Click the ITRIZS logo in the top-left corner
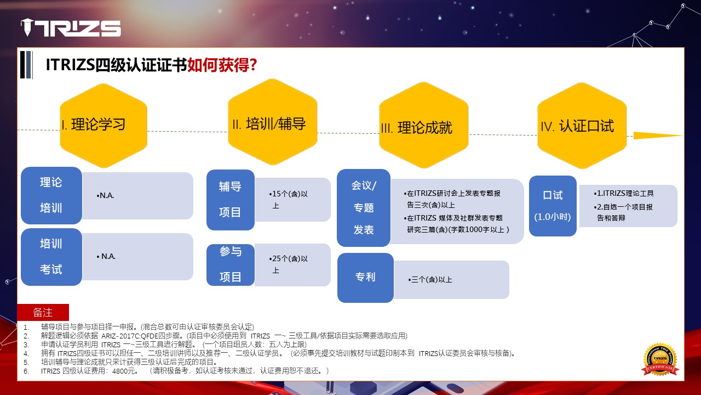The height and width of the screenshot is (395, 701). pyautogui.click(x=71, y=27)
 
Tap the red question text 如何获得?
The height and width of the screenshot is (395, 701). pyautogui.click(x=222, y=65)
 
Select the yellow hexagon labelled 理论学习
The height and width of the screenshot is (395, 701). pyautogui.click(x=104, y=126)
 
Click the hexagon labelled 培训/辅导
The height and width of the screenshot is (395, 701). pyautogui.click(x=273, y=122)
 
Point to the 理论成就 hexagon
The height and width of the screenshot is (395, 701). pyautogui.click(x=424, y=125)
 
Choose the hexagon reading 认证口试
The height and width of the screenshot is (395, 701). pyautogui.click(x=582, y=126)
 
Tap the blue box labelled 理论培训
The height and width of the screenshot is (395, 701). pyautogui.click(x=51, y=195)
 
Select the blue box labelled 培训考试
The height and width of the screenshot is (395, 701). pyautogui.click(x=51, y=257)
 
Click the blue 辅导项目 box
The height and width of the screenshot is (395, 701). pyautogui.click(x=231, y=200)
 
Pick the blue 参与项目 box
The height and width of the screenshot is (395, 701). pyautogui.click(x=231, y=265)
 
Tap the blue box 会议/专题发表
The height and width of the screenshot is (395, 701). pyautogui.click(x=364, y=207)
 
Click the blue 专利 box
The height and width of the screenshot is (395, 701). pyautogui.click(x=365, y=278)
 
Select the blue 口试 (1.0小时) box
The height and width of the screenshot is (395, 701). pyautogui.click(x=553, y=206)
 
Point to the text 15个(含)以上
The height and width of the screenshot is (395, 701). pyautogui.click(x=288, y=200)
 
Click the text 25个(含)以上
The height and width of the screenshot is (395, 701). pyautogui.click(x=288, y=264)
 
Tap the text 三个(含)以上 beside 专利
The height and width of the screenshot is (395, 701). pyautogui.click(x=430, y=280)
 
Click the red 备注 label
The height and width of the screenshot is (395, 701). pyautogui.click(x=43, y=312)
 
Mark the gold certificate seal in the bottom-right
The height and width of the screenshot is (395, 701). pyautogui.click(x=660, y=359)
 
